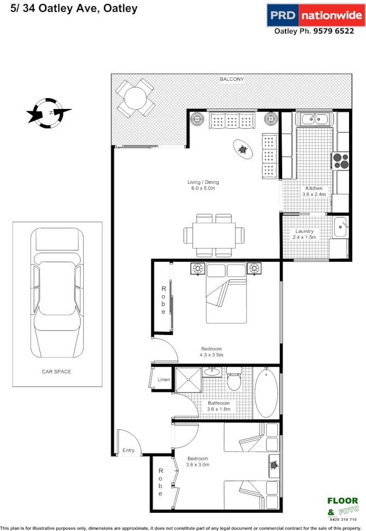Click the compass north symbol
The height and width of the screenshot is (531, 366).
click(x=49, y=113)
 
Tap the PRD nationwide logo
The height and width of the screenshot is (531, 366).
click(x=314, y=15)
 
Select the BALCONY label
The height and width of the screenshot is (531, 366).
click(x=232, y=79)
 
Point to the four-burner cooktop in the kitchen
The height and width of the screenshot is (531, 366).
click(x=340, y=160)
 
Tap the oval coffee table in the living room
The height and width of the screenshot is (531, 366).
click(x=242, y=149)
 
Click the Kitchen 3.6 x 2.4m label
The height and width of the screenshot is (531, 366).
click(x=315, y=191)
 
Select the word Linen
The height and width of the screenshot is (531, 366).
click(x=164, y=379)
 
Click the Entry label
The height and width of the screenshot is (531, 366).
click(x=128, y=451)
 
